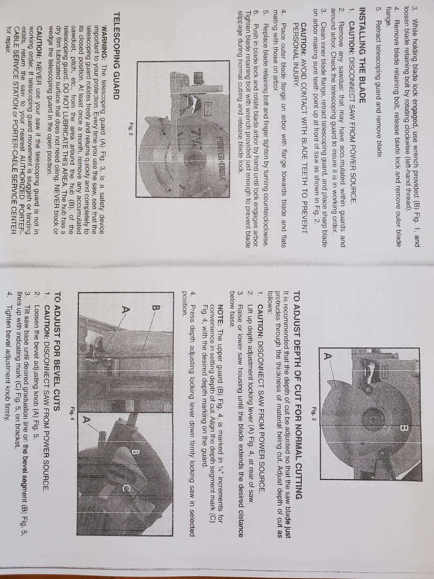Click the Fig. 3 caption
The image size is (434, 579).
(x=314, y=410)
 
